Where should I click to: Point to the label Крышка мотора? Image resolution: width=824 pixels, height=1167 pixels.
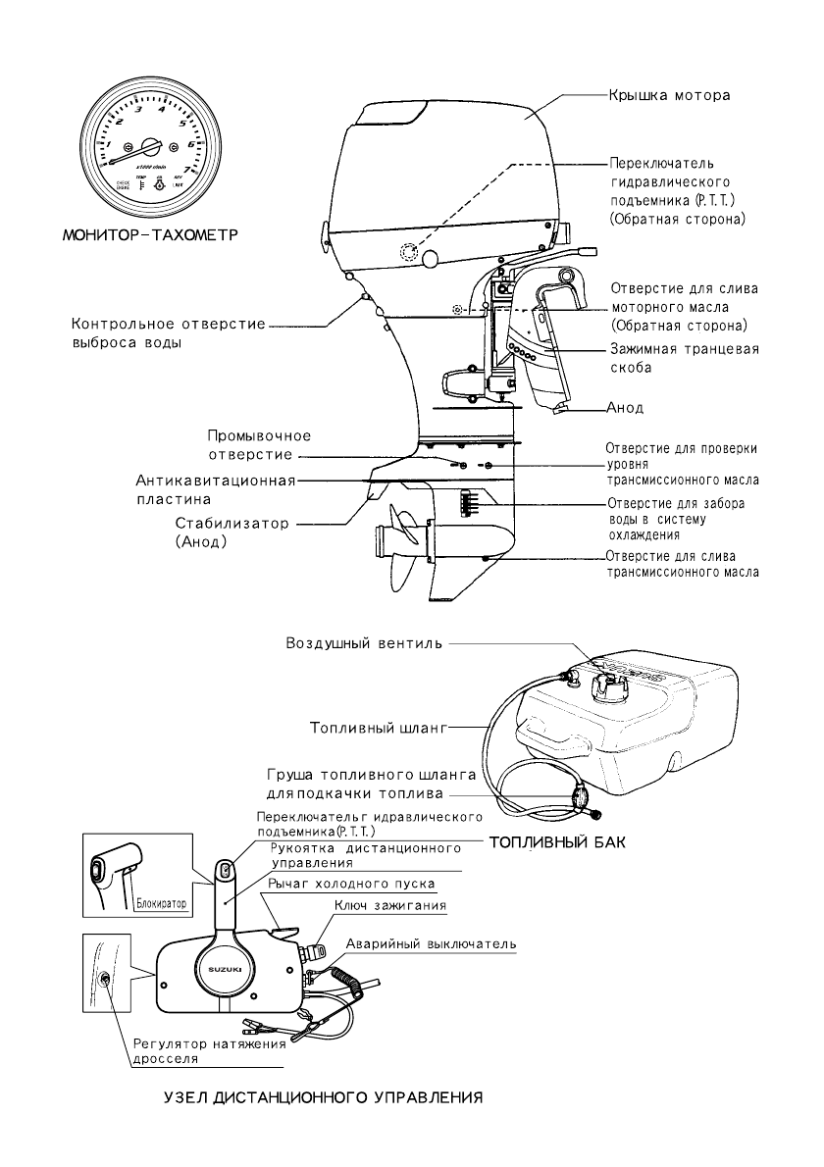pyautogui.click(x=670, y=96)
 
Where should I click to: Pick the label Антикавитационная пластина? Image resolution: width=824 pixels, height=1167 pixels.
pyautogui.click(x=215, y=489)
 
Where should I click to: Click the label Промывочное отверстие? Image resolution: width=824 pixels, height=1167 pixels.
pyautogui.click(x=259, y=445)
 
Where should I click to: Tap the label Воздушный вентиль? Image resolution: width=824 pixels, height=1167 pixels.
pyautogui.click(x=364, y=644)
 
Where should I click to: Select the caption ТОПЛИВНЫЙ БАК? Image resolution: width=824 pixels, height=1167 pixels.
pyautogui.click(x=556, y=841)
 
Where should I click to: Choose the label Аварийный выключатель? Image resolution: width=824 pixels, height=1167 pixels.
pyautogui.click(x=430, y=943)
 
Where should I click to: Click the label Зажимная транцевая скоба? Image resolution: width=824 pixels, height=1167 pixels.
pyautogui.click(x=683, y=359)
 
